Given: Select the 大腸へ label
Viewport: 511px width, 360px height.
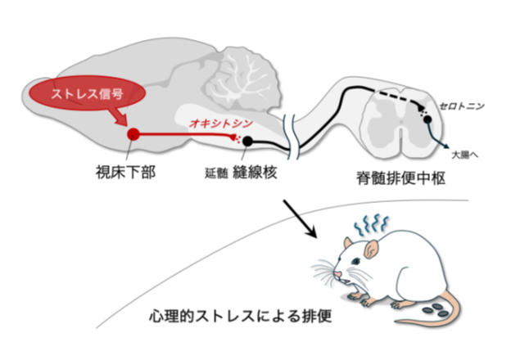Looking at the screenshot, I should click(x=464, y=153).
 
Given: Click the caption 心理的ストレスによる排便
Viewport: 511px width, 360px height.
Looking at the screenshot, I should click(x=240, y=317).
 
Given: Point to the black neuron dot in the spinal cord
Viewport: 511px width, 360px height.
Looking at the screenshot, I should click(x=427, y=119).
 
